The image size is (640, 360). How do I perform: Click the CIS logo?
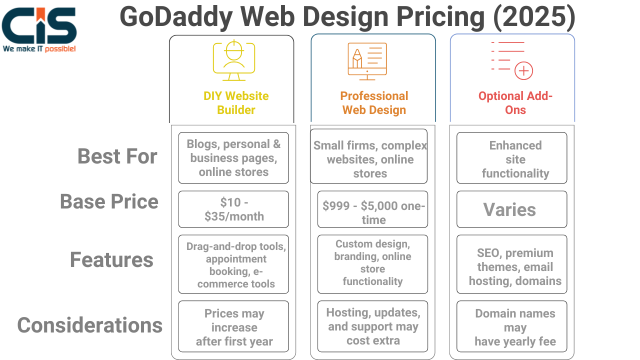39,29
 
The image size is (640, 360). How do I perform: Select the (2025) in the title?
534,17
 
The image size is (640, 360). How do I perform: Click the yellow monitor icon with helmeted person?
234,60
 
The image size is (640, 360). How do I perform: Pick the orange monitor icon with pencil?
367,61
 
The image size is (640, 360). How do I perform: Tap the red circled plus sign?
523,70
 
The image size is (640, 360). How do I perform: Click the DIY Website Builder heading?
236,103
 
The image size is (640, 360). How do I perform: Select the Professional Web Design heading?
374,103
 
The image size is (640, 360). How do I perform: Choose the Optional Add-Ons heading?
515,103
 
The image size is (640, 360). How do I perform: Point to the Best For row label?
117,156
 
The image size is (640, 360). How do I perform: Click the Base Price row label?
109,201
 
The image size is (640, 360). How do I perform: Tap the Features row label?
111,259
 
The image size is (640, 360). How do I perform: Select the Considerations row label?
89,325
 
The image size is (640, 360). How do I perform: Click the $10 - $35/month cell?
233,209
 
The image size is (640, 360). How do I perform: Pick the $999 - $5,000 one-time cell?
372,209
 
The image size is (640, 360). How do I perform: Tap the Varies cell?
511,209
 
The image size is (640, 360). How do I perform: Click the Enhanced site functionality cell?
511,157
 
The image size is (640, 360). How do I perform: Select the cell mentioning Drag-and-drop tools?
233,264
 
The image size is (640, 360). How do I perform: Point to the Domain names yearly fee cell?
511,326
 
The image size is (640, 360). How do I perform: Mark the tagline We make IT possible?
39,49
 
